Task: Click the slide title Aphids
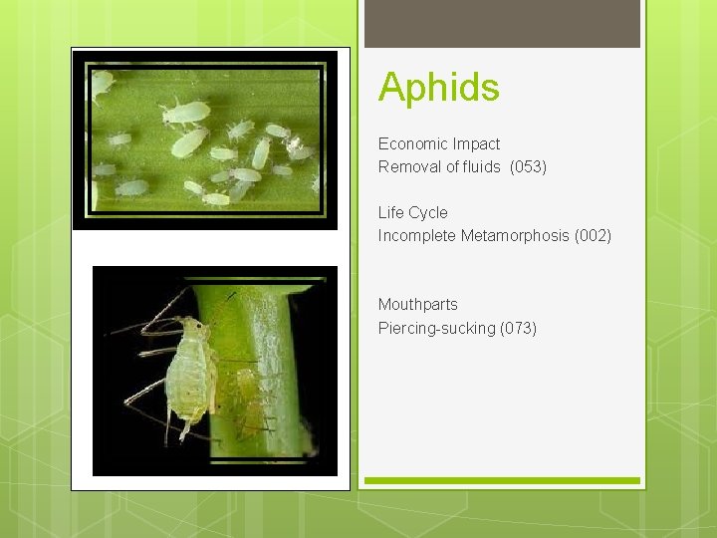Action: tap(438, 88)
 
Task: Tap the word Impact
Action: tap(478, 144)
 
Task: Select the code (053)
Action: tap(528, 167)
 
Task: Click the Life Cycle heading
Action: tap(412, 213)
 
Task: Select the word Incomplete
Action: tap(417, 236)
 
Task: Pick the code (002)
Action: tap(593, 236)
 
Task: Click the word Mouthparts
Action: tap(417, 305)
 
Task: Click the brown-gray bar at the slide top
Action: tap(502, 23)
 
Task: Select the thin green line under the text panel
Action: tap(502, 481)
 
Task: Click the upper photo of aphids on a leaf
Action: tap(206, 137)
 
